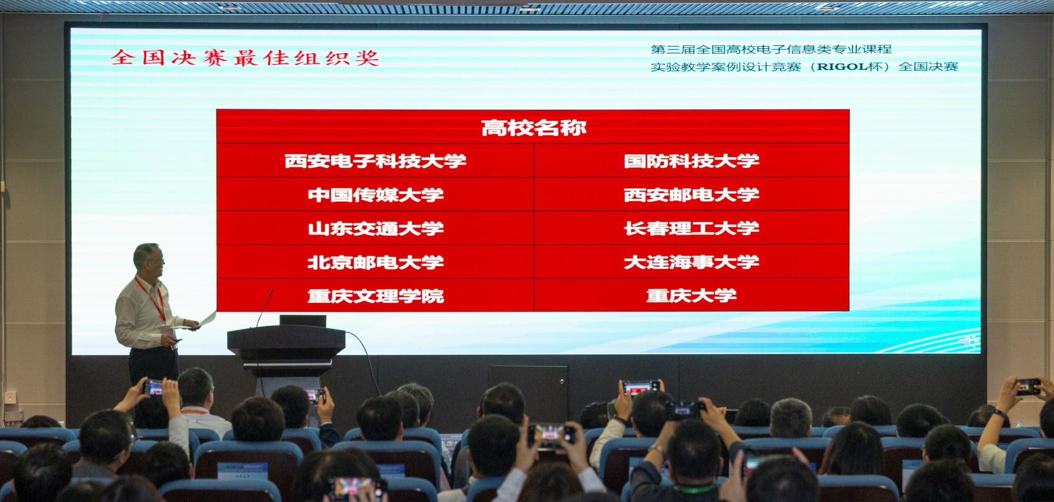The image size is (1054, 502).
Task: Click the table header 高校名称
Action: (x=533, y=127)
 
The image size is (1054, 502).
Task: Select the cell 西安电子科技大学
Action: (x=375, y=161)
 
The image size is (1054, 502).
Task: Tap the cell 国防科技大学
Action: (x=692, y=161)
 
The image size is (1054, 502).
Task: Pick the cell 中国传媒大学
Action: (x=375, y=195)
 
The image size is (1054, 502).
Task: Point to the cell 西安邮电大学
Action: (x=692, y=195)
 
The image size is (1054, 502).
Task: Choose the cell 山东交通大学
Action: (x=375, y=228)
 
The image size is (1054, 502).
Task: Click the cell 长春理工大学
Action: (x=692, y=228)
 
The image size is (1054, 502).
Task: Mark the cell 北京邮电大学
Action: (x=375, y=262)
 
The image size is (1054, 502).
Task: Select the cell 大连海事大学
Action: (x=692, y=262)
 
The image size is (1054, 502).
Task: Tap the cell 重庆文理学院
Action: (x=375, y=296)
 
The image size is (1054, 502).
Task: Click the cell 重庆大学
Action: (x=692, y=296)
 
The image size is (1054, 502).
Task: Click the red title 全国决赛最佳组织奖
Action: (x=245, y=58)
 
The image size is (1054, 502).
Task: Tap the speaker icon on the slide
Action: (x=968, y=341)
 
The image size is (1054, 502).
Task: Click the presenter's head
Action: (x=148, y=259)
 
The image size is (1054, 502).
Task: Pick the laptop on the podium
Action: (x=303, y=321)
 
